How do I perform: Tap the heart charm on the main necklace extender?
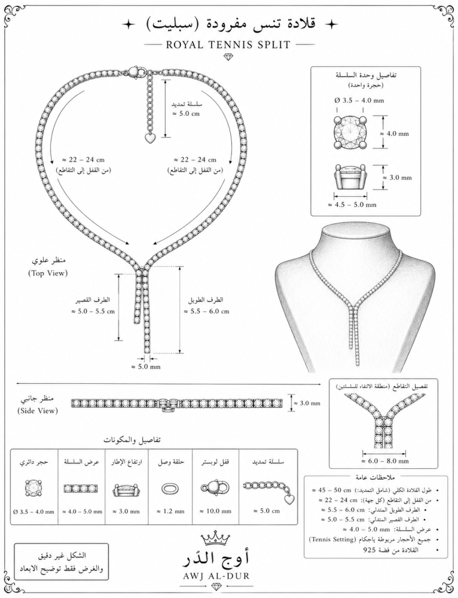[151, 138]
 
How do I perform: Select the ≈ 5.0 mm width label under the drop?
[146, 367]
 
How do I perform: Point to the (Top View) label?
[48, 273]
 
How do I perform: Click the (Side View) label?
[38, 411]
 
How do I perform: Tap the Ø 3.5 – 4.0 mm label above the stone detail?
[359, 100]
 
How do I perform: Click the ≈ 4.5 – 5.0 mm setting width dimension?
[352, 205]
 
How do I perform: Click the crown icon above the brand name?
[215, 538]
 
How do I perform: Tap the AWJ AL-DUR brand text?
[215, 575]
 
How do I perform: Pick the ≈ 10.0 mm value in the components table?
[216, 511]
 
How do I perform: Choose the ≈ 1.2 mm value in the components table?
[171, 511]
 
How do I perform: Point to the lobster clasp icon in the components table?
[215, 488]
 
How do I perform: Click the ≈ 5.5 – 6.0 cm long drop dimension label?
[206, 311]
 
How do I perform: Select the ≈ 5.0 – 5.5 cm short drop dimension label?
[93, 311]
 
